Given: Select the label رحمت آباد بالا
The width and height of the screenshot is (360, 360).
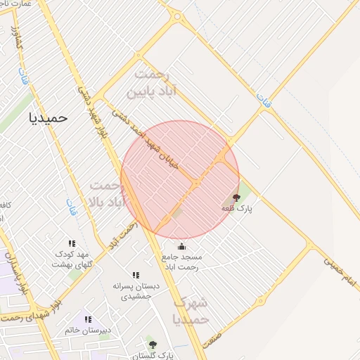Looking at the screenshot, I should tap(108, 193).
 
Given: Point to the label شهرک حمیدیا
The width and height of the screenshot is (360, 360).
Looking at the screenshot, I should tap(191, 311).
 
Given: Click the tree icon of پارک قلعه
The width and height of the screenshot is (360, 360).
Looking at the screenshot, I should tap(236, 198).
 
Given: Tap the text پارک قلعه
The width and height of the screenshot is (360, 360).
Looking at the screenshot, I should tap(236, 209).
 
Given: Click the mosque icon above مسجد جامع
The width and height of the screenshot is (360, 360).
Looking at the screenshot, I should tap(182, 246).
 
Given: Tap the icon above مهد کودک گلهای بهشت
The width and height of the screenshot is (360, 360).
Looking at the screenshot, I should tap(72, 243).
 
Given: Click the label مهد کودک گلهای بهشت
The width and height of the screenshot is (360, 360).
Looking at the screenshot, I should tap(71, 259).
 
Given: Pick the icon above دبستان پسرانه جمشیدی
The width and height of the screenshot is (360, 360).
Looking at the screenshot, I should tap(136, 276).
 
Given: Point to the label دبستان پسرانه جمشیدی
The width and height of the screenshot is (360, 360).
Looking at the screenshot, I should tap(136, 292).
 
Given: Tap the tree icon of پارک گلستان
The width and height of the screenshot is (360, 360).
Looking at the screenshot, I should tap(153, 344).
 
